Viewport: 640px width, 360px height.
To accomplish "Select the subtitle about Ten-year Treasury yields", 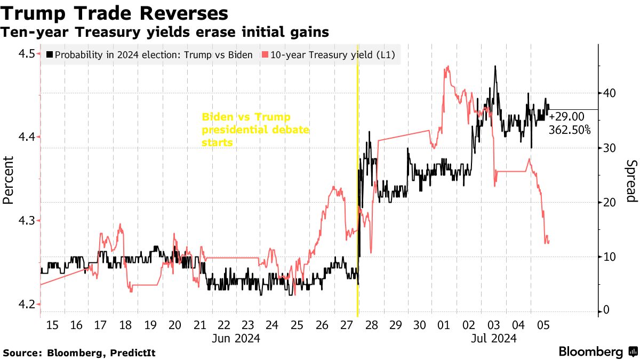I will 164,33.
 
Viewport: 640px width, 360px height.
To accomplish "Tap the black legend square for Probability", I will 50,54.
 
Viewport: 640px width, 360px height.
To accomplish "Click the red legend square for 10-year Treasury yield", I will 265,54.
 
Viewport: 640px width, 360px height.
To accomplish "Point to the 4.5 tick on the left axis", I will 26,54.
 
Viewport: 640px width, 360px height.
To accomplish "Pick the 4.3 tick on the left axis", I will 26,221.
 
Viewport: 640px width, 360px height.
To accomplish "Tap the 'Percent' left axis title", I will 7,180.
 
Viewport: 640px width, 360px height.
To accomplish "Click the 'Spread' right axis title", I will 631,181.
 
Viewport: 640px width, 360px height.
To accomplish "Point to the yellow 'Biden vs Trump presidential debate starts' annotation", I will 255,130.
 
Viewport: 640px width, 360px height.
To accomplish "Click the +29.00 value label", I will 566,116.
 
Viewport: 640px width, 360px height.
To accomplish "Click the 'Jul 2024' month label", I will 494,338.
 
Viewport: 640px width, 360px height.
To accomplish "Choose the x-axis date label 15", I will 52,325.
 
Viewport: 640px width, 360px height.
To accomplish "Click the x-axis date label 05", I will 543,325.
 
